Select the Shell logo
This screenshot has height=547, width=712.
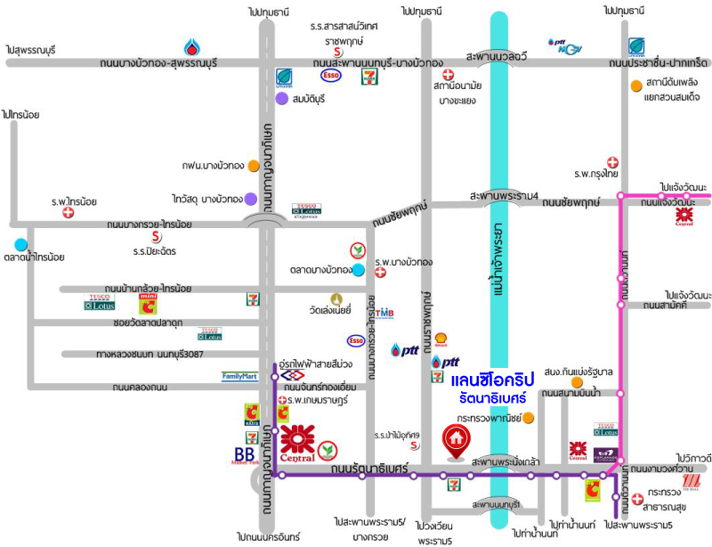pyautogui.click(x=440, y=339)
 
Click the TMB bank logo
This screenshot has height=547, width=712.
pyautogui.click(x=384, y=313)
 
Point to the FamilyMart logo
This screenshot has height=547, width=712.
pyautogui.click(x=239, y=377)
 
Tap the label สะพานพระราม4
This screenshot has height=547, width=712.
pyautogui.click(x=506, y=196)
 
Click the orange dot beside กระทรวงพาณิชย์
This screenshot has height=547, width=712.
pyautogui.click(x=529, y=417)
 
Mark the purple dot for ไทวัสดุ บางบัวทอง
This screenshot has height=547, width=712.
pyautogui.click(x=251, y=199)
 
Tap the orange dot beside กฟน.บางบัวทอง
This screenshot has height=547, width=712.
pyautogui.click(x=254, y=166)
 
